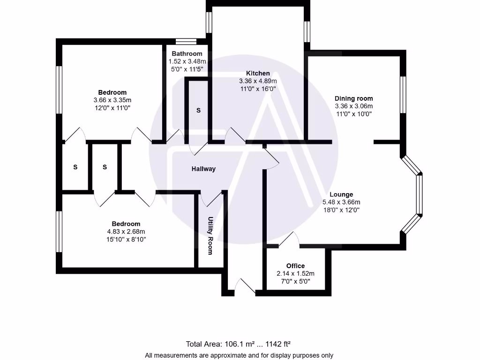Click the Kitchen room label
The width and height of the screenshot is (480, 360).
point(258,73)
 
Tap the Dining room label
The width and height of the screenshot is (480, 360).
point(353,98)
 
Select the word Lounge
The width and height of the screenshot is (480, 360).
point(341,195)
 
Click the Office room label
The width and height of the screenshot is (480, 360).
point(295,266)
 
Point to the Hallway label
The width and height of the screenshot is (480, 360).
point(203,169)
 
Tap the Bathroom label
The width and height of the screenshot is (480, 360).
point(187,54)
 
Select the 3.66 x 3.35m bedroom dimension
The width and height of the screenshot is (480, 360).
point(112,100)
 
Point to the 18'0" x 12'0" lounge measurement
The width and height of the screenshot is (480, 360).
point(341,210)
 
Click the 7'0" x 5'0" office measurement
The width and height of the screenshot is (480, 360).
point(295,281)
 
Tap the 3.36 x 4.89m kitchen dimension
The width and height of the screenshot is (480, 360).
point(258,81)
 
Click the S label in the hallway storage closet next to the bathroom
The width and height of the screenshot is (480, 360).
point(198,111)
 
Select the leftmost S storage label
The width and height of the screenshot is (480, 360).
point(75,167)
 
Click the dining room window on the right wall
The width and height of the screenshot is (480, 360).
point(402,95)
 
